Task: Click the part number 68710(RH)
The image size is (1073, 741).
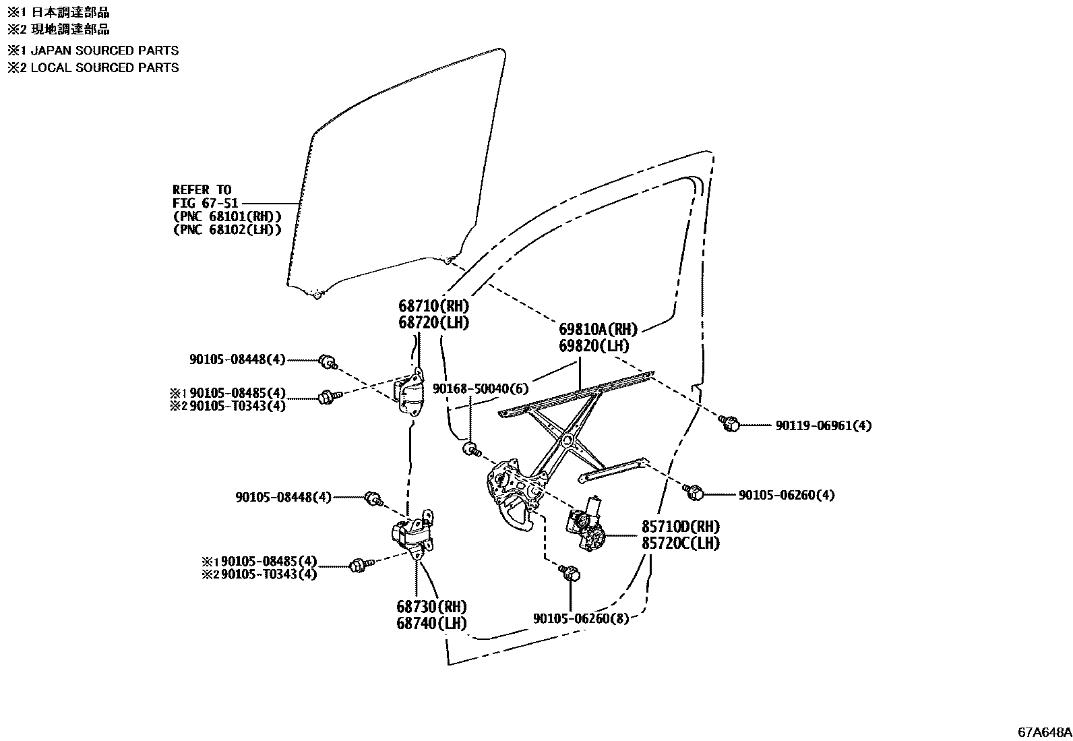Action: (x=433, y=306)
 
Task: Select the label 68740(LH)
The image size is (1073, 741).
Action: (x=431, y=624)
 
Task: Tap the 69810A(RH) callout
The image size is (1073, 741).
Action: (x=598, y=330)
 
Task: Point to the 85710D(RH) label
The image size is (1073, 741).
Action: (x=680, y=527)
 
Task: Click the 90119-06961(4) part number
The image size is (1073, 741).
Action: (x=823, y=426)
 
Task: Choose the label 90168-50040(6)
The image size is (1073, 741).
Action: (x=481, y=389)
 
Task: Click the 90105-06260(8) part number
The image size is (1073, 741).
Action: (x=580, y=618)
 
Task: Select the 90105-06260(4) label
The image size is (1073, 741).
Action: (x=787, y=495)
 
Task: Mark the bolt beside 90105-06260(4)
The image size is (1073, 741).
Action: (x=694, y=492)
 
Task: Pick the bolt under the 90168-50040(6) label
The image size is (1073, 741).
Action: (x=470, y=448)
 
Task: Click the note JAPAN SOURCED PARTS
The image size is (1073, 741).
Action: (x=104, y=51)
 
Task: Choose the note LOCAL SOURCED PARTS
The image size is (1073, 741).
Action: (x=104, y=67)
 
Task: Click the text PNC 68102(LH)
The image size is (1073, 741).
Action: (x=227, y=230)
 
